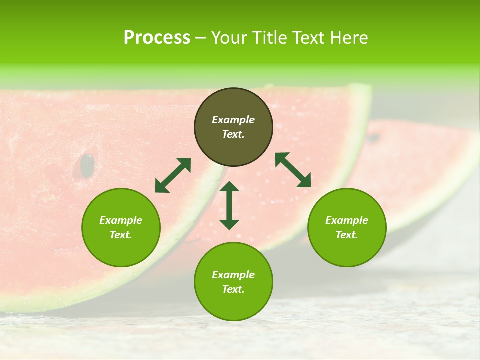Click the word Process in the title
[x=157, y=37]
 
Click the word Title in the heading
[x=270, y=38]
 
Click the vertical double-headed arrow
[x=229, y=205]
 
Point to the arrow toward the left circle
[x=173, y=175]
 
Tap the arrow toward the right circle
[x=293, y=170]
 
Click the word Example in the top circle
[x=233, y=120]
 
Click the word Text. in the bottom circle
[x=233, y=289]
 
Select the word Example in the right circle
[x=347, y=220]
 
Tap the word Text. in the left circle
[x=121, y=235]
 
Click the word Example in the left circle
[x=121, y=220]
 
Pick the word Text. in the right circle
[x=347, y=235]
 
